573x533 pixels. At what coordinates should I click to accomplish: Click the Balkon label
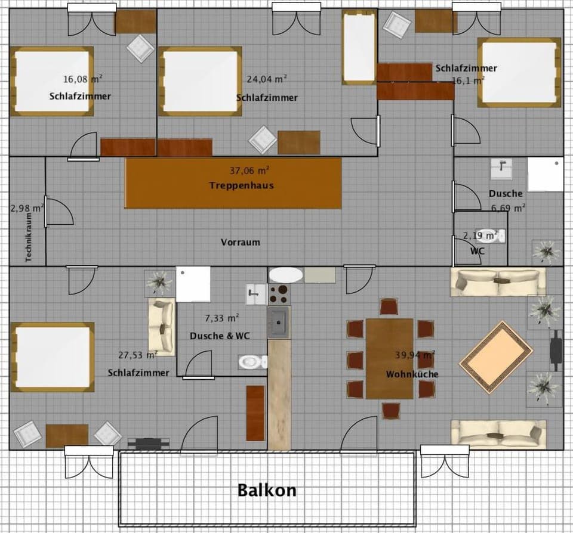coord(267,490)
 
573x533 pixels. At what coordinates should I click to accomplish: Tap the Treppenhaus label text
coord(241,185)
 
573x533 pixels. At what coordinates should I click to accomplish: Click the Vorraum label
coord(241,242)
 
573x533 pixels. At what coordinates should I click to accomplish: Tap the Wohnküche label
coord(412,374)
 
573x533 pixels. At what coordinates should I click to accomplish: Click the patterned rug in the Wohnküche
coord(495,357)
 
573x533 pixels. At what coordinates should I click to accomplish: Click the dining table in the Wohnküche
coord(390,358)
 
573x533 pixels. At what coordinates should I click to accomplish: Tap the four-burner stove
coord(279,295)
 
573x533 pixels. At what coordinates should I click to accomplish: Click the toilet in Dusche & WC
coord(252,361)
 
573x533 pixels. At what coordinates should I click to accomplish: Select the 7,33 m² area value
coord(222,318)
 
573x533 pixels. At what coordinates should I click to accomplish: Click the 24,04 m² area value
coord(267,78)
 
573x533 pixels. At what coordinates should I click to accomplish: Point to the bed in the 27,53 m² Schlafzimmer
coord(53,357)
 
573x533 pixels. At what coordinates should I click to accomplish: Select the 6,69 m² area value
coord(508,208)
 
